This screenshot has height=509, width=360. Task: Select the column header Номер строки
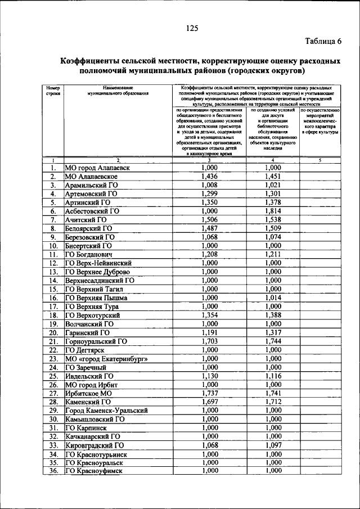coord(52,91)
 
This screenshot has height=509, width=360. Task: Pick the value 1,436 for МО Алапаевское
coord(209,176)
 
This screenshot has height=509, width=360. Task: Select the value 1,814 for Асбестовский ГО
coord(273,211)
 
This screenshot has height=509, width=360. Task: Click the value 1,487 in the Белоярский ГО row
coord(209,228)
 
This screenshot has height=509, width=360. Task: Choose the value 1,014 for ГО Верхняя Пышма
coord(273,298)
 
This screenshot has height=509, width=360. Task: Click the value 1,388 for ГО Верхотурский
coord(273,315)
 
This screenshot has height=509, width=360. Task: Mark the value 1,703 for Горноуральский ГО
coord(209,341)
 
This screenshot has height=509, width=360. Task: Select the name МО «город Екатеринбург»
coord(106,358)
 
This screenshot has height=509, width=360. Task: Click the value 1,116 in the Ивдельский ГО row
coord(273,376)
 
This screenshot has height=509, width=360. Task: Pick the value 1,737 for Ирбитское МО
coord(209,393)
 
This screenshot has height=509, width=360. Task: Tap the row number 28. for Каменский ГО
coord(52,402)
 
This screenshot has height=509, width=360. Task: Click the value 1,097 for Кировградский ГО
coord(273,445)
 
